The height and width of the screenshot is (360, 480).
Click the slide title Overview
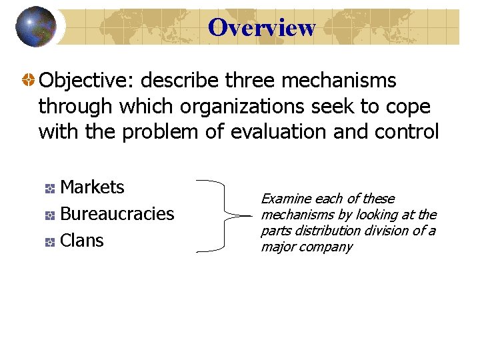(261, 27)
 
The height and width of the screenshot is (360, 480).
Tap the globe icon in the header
(35, 27)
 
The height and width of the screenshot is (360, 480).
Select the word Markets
(92, 187)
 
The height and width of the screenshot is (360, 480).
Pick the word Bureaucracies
(117, 214)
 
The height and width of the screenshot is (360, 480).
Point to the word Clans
(82, 241)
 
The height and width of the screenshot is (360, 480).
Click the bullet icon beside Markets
(49, 189)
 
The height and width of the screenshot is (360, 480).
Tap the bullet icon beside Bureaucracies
(49, 216)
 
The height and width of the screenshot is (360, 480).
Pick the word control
(407, 132)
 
